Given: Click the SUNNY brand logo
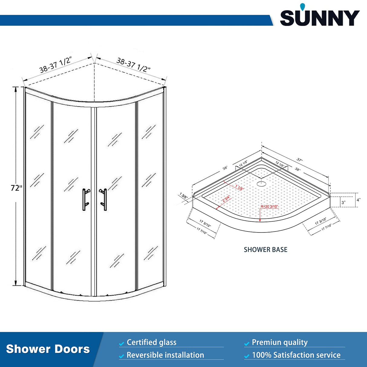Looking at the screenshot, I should pos(320,17).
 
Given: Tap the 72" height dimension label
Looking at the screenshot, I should pos(16,188).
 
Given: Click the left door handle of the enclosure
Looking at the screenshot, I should pos(85,200).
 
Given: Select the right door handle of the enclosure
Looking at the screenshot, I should pos(104,200).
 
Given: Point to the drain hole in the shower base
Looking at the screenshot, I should pos(261,183).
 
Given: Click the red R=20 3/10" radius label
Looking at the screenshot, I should pos(269,206).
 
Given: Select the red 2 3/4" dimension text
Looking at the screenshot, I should pos(226,199).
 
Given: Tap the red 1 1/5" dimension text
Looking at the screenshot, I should pos(239,187).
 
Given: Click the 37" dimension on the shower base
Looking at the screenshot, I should pos(299,160).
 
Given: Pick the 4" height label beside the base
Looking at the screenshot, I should pos(358,200).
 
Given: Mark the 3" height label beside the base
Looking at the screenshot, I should pos(343,203).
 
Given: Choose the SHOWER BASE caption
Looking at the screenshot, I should pos(265,250).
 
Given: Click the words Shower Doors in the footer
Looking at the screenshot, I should pos(48,349).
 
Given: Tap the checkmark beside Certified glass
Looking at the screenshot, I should pos(122,344).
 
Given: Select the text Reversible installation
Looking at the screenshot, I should pos(165,355).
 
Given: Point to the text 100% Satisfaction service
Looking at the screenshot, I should pos(296,355).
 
